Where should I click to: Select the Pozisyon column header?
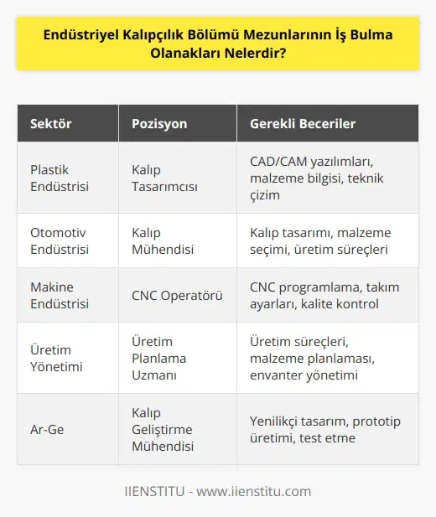tap(159, 124)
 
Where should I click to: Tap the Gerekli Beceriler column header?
tap(303, 124)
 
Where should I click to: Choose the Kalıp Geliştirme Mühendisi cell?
tap(163, 429)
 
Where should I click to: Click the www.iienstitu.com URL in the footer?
tap(257, 491)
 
